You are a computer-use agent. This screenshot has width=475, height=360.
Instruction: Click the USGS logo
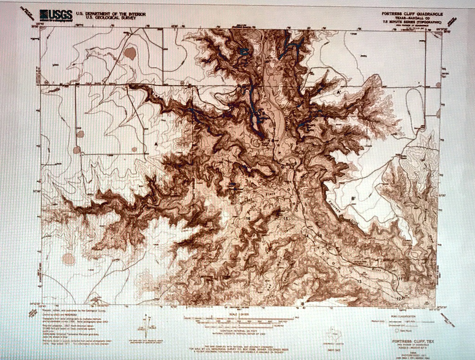click(x=56, y=15)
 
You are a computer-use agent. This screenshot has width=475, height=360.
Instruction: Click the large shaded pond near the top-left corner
click(x=130, y=53)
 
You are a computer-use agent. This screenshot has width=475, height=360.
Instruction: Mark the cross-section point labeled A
click(x=156, y=144)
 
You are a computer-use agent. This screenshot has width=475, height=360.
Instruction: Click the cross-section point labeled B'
click(x=353, y=199)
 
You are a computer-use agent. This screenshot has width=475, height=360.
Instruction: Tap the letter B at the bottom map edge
click(x=303, y=304)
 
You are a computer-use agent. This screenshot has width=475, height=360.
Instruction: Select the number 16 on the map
click(x=248, y=218)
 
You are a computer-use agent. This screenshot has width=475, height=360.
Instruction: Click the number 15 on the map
click(x=286, y=218)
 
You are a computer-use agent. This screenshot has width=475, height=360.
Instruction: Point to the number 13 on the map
click(x=359, y=282)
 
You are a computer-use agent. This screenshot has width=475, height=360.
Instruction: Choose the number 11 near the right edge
click(x=400, y=278)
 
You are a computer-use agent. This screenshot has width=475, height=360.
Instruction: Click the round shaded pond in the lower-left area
click(x=69, y=259)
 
